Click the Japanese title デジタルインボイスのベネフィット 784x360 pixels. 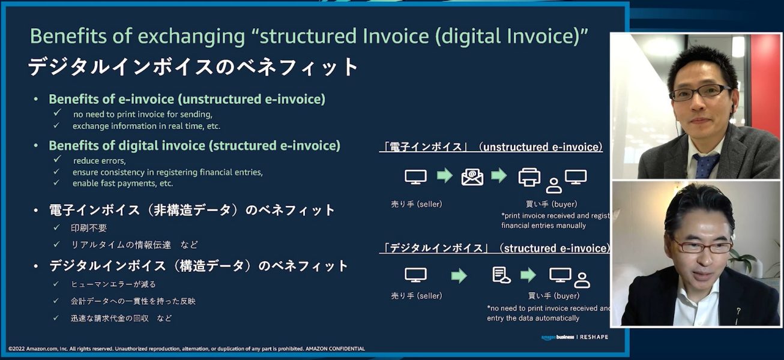click(x=193, y=67)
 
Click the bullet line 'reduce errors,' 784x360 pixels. click(x=99, y=161)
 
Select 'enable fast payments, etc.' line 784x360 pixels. click(x=122, y=183)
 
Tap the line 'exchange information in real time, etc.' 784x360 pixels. click(x=146, y=126)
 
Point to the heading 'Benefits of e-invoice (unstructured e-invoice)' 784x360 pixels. click(x=187, y=99)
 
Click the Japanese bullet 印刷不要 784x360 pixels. click(x=89, y=228)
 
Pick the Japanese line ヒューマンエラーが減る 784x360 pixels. click(x=113, y=284)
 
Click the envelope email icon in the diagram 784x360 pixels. click(x=472, y=176)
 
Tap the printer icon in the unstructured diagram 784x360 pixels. click(x=529, y=176)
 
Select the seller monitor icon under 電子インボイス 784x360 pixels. click(x=415, y=176)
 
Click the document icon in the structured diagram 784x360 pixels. click(x=501, y=275)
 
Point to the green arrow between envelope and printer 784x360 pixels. click(x=499, y=175)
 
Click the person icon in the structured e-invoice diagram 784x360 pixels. click(x=582, y=280)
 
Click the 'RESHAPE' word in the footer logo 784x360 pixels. click(x=594, y=337)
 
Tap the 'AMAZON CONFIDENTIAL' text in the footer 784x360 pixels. click(x=335, y=349)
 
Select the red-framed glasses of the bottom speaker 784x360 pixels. click(x=701, y=246)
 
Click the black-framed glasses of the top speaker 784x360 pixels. click(x=700, y=92)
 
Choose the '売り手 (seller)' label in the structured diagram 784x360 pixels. click(x=416, y=296)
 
